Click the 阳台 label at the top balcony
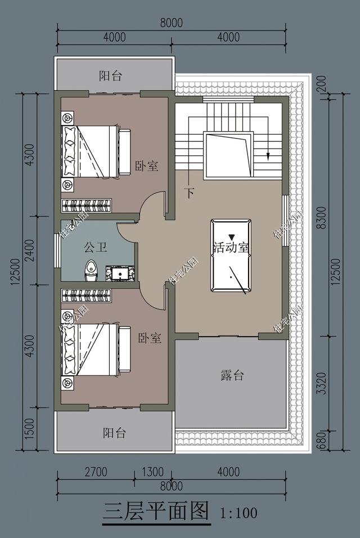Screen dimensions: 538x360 click(x=110, y=76)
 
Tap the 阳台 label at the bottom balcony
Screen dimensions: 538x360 click(x=114, y=433)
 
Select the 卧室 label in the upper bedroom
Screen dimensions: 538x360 click(x=146, y=166)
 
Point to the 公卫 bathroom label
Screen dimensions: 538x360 click(x=96, y=247)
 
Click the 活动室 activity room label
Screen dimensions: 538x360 click(x=231, y=247)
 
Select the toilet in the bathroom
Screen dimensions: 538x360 click(x=91, y=271)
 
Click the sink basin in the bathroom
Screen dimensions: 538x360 click(x=120, y=273)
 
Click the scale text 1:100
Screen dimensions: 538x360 click(x=239, y=513)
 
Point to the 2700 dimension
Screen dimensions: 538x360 click(x=96, y=472)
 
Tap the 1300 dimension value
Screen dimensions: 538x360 click(x=152, y=472)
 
